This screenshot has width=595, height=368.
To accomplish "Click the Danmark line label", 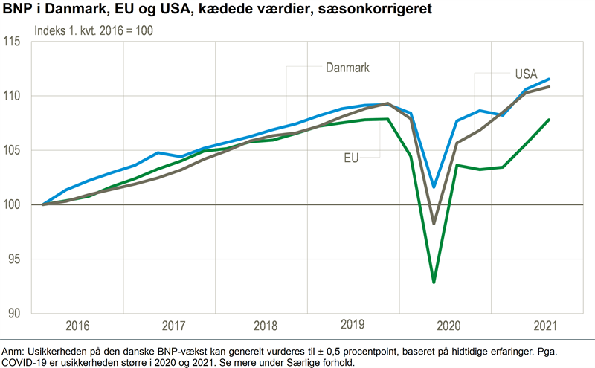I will pos(348,68).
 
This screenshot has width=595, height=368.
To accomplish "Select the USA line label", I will pos(527,74).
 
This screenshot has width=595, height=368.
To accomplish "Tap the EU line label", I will pos(353,157).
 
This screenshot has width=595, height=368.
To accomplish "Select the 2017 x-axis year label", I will pos(173,326).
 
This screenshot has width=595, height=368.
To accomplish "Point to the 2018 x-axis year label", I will pos(264,326).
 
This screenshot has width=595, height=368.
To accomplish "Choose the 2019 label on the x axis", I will pos(355,325).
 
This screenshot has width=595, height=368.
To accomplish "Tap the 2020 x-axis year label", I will pos(449,326).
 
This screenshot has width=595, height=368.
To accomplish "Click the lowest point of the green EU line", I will pos(434,283).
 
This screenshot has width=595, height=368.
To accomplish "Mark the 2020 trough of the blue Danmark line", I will pos(434,187).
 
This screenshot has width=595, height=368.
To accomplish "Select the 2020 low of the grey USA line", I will pos(434,223).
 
